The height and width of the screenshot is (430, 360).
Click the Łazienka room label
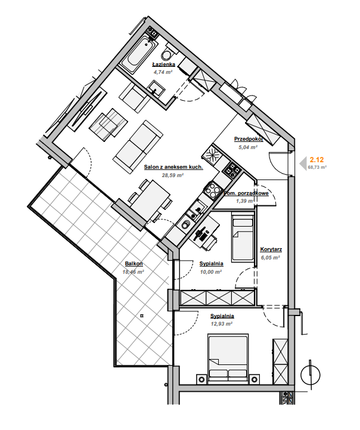click(163, 65)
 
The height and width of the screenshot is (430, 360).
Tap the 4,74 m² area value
click(163, 72)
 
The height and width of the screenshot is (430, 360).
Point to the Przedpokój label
click(248, 139)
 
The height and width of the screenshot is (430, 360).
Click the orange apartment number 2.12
click(316, 159)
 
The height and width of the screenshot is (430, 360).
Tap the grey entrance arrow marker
click(303, 164)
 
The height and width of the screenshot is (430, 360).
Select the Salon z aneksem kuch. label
click(173, 167)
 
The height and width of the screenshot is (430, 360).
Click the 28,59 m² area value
click(173, 175)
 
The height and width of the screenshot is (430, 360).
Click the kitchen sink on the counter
click(195, 210)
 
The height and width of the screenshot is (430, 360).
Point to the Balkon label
click(134, 264)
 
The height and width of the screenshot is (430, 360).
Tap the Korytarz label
click(271, 249)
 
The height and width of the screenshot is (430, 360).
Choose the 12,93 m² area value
click(222, 324)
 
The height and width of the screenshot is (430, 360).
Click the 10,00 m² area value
click(210, 272)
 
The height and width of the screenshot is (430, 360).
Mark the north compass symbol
click(310, 375)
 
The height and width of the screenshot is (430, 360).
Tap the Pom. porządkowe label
click(246, 193)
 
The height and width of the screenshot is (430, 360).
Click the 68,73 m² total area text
click(317, 167)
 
